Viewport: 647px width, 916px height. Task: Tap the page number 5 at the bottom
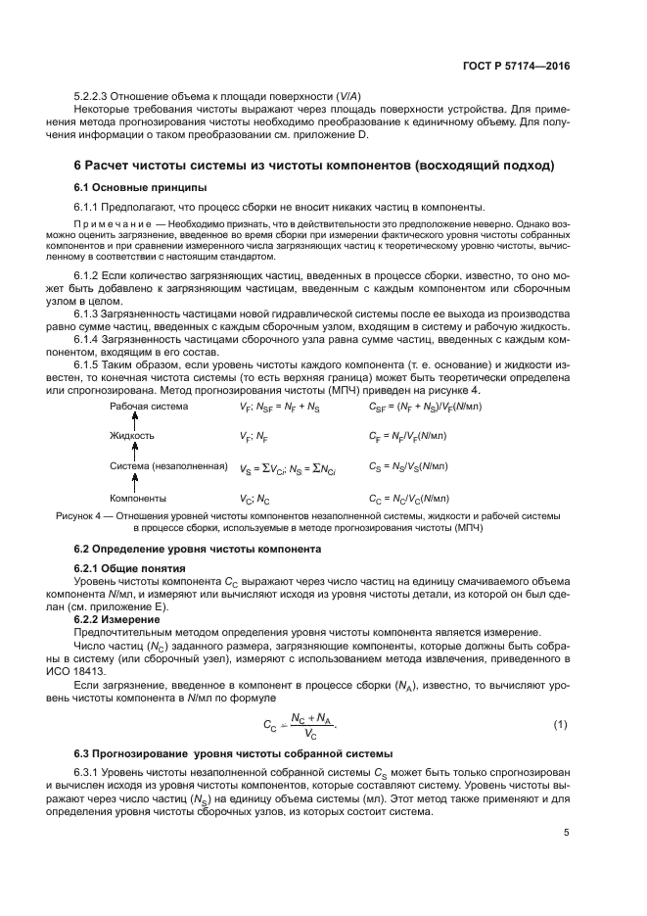566,833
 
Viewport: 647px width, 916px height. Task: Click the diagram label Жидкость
131,434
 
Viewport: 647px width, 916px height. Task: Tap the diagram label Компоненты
139,498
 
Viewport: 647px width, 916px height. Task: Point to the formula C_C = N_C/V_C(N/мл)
408,498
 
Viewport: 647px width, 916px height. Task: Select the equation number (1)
560,724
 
